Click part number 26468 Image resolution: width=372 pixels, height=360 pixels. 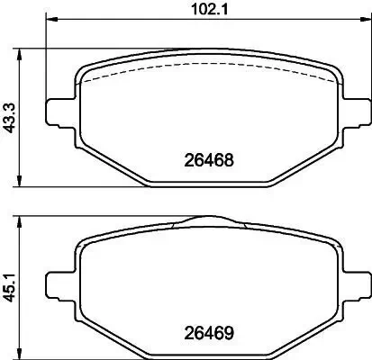[x=209, y=163]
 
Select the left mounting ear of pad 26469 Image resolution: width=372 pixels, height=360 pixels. [x=58, y=281]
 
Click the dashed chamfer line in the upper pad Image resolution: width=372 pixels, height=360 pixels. [x=207, y=70]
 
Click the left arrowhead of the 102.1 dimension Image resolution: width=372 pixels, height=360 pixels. [x=50, y=21]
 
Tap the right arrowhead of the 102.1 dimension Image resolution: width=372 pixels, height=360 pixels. [x=362, y=21]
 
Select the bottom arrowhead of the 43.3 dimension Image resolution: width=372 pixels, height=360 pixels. [x=21, y=185]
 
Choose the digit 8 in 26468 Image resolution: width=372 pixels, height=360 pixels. [x=230, y=163]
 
